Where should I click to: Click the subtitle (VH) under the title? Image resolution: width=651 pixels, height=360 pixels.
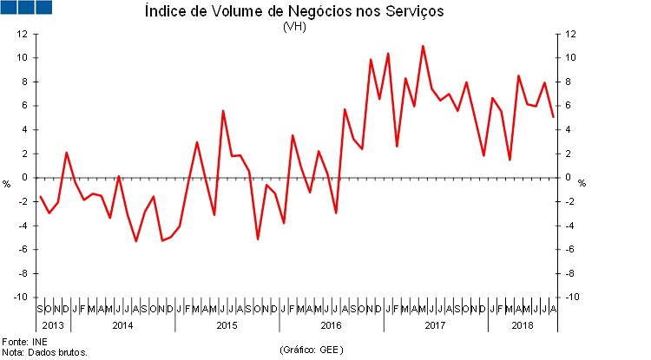tap(293, 26)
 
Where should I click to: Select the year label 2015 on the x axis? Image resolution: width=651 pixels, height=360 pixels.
tap(227, 324)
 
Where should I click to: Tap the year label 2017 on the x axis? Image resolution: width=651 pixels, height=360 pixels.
tap(435, 324)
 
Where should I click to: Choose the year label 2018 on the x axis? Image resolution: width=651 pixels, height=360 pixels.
tap(522, 324)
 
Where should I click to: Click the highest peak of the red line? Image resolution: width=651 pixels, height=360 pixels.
tap(423, 46)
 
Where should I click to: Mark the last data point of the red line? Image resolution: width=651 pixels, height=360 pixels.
tap(553, 117)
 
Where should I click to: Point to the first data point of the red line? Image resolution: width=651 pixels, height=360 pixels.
tap(40, 196)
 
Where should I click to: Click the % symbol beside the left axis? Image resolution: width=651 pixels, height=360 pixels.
tap(7, 184)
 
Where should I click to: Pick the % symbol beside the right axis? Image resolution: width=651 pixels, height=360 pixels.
tap(582, 184)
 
